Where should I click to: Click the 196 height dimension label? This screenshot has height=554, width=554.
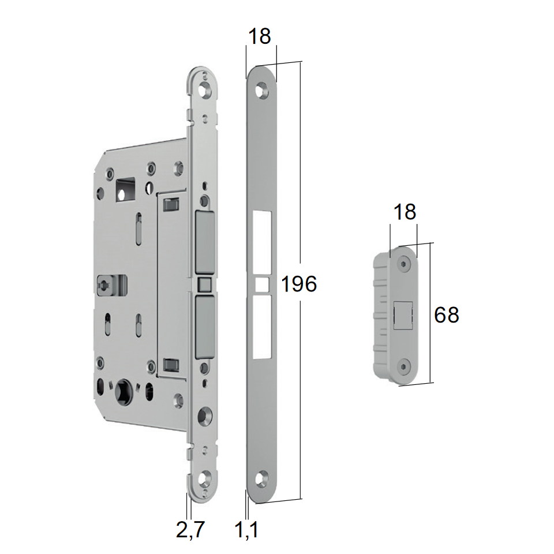pyautogui.click(x=299, y=284)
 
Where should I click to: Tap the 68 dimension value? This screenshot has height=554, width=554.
pyautogui.click(x=446, y=315)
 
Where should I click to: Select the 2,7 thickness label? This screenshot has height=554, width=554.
pyautogui.click(x=190, y=529)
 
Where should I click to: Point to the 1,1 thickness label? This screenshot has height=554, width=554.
pyautogui.click(x=246, y=529)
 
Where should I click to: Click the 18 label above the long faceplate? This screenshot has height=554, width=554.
pyautogui.click(x=259, y=36)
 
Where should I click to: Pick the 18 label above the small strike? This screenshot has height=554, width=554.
pyautogui.click(x=405, y=212)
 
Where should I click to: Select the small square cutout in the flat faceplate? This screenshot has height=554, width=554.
pyautogui.click(x=261, y=285)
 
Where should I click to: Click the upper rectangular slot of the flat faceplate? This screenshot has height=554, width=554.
pyautogui.click(x=262, y=244)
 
